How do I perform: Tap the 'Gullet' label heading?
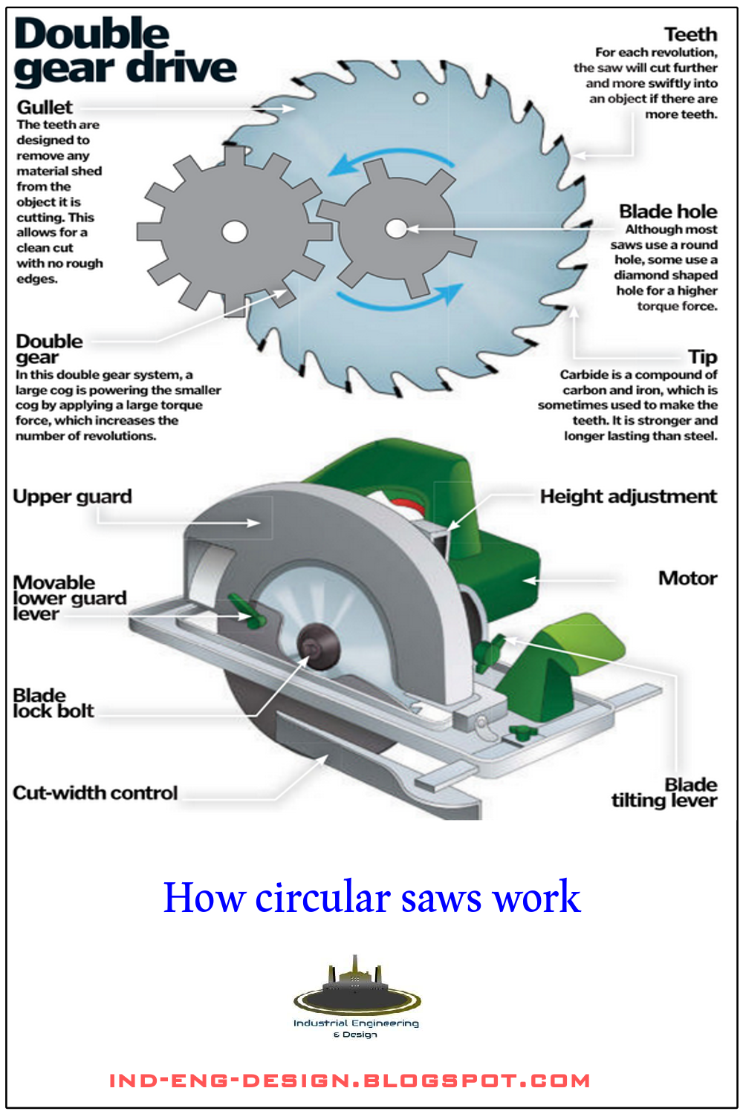[x=45, y=108]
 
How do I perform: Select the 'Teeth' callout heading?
[x=690, y=35]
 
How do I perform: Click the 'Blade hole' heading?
[x=668, y=212]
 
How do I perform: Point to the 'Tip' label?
[x=702, y=357]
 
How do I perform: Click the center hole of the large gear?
[x=234, y=232]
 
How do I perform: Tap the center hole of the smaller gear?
[x=396, y=229]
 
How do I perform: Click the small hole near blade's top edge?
[x=421, y=98]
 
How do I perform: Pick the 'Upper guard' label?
[x=72, y=497]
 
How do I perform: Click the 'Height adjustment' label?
[x=628, y=497]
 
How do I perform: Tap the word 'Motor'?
[x=687, y=579]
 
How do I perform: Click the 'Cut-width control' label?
[x=95, y=793]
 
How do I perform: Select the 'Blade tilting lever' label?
[x=665, y=793]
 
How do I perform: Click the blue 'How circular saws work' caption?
[x=371, y=897]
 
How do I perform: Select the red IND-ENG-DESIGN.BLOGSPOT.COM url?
[x=349, y=1081]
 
